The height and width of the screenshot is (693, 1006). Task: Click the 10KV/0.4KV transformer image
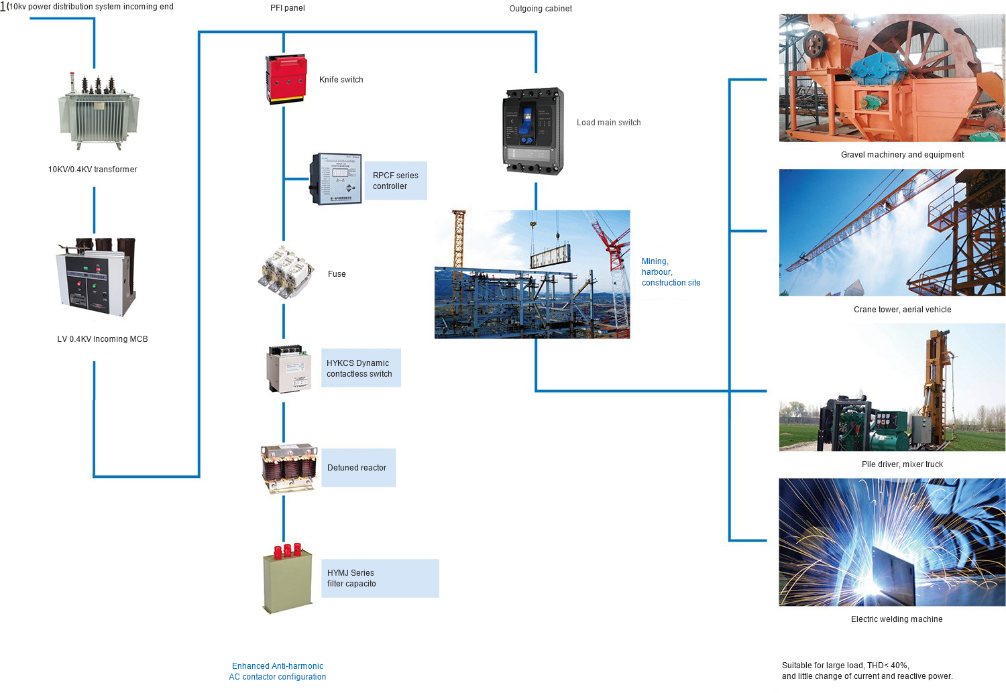pos(98,111)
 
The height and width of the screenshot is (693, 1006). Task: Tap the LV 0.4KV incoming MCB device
pos(97,276)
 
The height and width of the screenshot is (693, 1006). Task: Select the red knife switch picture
pos(286,79)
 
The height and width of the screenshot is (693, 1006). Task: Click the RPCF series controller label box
pos(395,181)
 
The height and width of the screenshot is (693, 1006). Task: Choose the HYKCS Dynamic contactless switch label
pos(360,368)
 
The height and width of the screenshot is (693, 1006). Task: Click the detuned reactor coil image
pos(288,468)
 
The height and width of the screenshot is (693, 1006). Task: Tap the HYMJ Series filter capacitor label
pos(380,578)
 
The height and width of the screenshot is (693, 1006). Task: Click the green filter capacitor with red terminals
pos(288,579)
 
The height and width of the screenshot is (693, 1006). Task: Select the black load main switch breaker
pos(533,131)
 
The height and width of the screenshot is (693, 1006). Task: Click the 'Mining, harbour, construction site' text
pos(671,272)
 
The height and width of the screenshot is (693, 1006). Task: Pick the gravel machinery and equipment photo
pos(892,78)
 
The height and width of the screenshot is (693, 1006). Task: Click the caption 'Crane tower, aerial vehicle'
pos(902,310)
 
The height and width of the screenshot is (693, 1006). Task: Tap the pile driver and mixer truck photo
pos(892,387)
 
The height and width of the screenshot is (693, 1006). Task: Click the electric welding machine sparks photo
pos(892,542)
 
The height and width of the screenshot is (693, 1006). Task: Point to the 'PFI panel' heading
pos(288,8)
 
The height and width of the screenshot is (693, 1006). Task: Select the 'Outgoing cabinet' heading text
pos(541,9)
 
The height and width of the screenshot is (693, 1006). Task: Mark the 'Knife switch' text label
pos(341,80)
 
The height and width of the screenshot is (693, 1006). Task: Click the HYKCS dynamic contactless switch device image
pos(289,369)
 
